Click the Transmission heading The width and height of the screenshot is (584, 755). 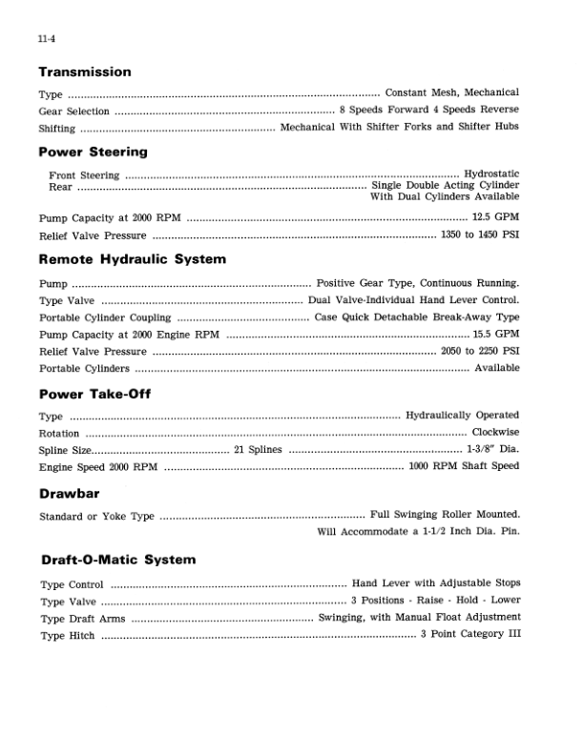pos(85,72)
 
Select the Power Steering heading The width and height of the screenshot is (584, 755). pos(94,152)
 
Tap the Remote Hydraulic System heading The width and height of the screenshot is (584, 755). pos(133,259)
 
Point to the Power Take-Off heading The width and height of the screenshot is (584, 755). pos(95,394)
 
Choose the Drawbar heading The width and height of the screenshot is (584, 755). pos(70,494)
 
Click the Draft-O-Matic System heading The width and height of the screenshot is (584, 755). pos(118,560)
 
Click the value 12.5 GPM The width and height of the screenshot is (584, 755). pos(496,218)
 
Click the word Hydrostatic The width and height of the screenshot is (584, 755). pos(491,174)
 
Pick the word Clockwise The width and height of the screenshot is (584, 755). pos(495,433)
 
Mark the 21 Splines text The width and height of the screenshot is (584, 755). pos(258,450)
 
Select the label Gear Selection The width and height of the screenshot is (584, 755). pos(74,111)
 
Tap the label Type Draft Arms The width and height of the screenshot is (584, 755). pos(83,618)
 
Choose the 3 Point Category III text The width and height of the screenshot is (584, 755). pos(469,635)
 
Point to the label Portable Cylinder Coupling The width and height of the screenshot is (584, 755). pos(105,317)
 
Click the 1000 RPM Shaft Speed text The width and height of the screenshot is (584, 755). pos(464,467)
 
